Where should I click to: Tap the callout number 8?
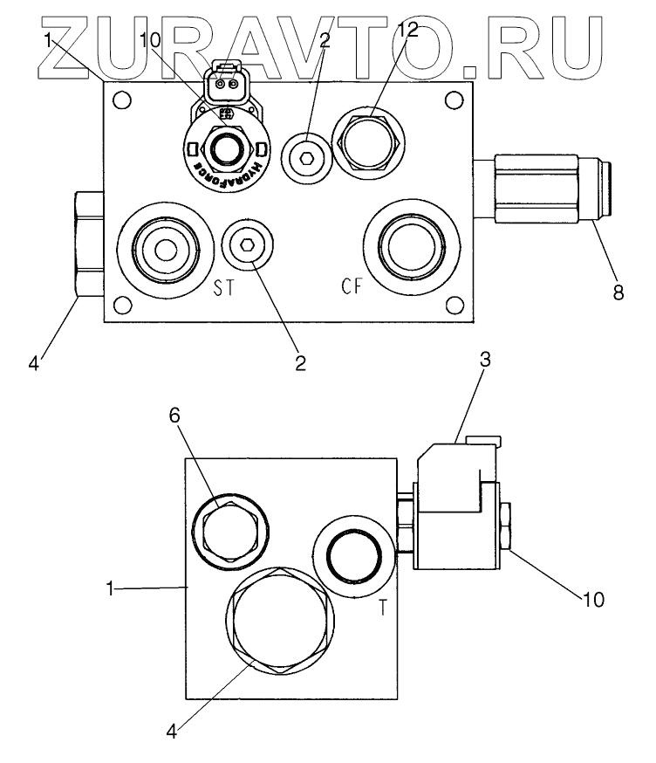pyautogui.click(x=618, y=293)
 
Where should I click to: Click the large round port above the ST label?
pyautogui.click(x=165, y=250)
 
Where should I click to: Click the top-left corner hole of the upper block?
pyautogui.click(x=123, y=99)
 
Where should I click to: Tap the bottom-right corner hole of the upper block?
pyautogui.click(x=454, y=304)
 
